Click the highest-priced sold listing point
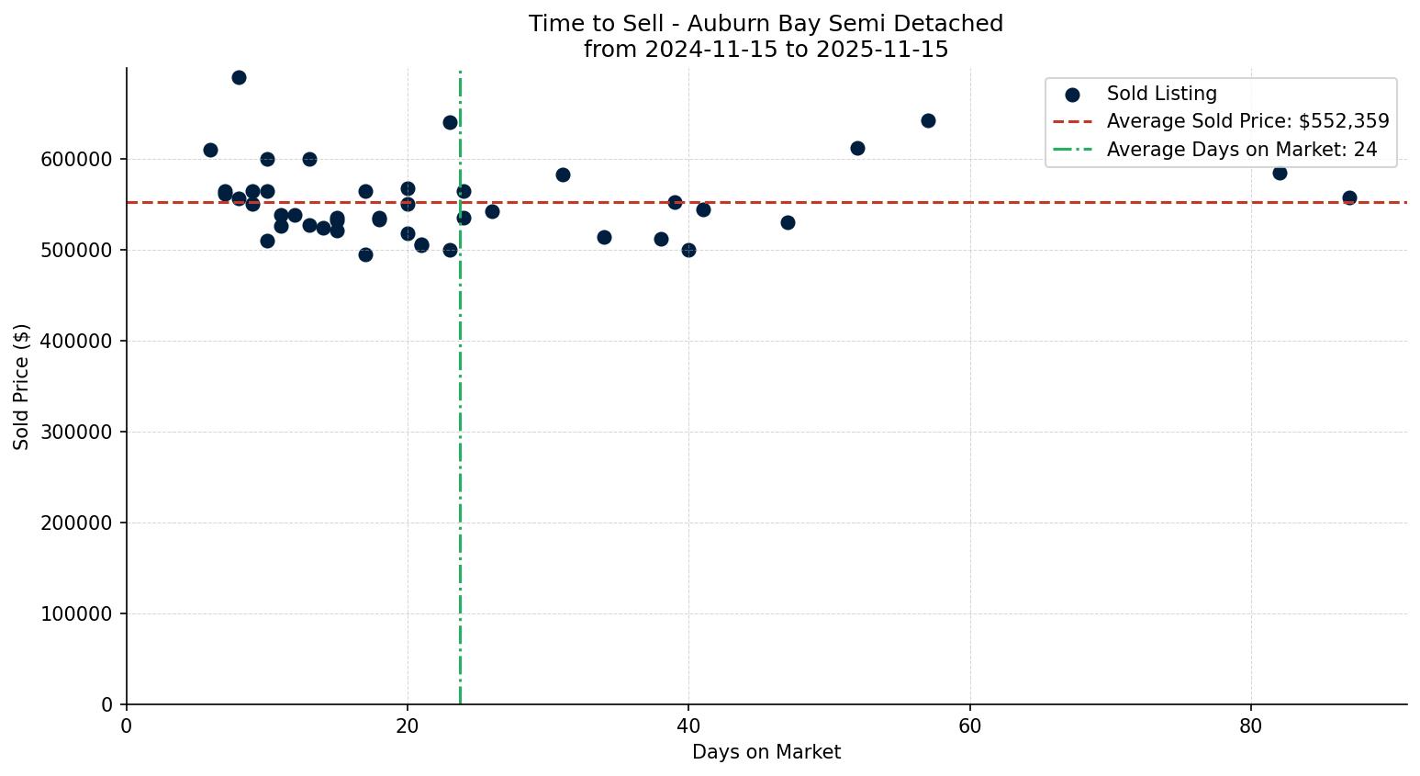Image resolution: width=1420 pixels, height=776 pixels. tap(239, 77)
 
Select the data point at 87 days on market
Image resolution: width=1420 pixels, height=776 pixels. tap(1349, 197)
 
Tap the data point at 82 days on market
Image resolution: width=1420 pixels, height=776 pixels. tap(1280, 173)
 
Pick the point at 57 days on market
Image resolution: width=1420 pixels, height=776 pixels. tap(928, 120)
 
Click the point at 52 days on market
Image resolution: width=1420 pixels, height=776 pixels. tap(857, 148)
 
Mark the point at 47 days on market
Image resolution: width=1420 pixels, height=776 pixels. tap(788, 222)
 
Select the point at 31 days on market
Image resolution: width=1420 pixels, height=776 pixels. tap(563, 174)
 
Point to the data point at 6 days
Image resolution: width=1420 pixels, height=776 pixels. tap(210, 150)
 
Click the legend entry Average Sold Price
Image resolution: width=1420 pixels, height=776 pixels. tap(1247, 121)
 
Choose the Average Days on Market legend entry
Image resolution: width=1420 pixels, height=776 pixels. tap(1241, 150)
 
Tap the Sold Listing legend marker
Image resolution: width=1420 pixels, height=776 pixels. tap(1072, 94)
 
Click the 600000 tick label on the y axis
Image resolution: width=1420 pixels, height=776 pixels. tap(77, 159)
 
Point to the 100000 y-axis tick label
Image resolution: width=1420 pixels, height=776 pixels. tap(77, 613)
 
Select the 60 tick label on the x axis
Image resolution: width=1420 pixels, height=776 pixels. tap(969, 726)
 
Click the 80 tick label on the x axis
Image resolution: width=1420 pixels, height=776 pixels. tap(1251, 726)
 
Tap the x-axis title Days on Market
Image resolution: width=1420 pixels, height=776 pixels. tap(766, 752)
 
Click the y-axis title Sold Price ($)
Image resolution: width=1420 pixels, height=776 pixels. tap(22, 387)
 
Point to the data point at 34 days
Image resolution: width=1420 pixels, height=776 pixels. tap(604, 237)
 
